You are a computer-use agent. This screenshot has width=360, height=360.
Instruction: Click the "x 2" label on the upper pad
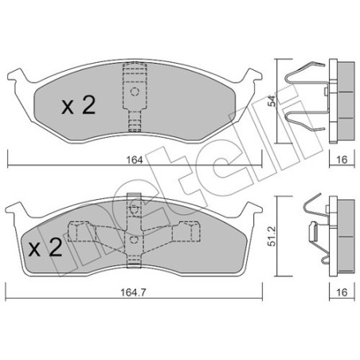click(x=79, y=107)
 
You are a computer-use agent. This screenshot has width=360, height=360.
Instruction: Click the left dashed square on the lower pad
click(x=77, y=233)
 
